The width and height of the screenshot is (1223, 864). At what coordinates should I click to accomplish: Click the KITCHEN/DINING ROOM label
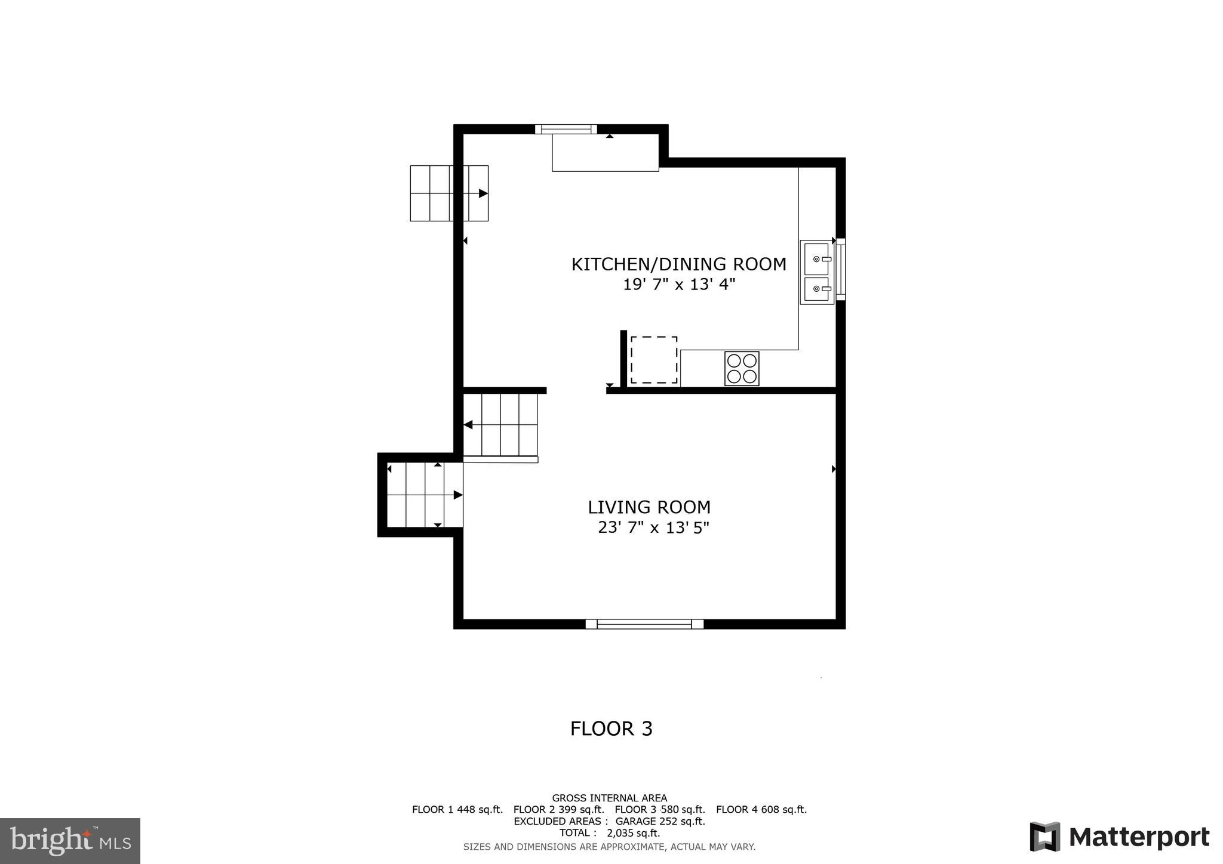pos(678,264)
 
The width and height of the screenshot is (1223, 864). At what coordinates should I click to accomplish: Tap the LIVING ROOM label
pos(649,507)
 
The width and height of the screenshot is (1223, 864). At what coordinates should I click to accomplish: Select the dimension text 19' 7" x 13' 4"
pos(678,285)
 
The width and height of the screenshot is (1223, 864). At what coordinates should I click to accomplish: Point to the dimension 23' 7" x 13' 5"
pos(653,527)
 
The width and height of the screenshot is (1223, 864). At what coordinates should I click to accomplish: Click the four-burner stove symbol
pos(742,368)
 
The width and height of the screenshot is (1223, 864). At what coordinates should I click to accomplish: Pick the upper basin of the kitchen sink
pos(816,259)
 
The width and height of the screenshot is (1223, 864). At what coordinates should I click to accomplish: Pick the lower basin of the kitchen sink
pos(816,289)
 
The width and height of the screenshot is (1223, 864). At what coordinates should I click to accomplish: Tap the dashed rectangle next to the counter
pos(654,360)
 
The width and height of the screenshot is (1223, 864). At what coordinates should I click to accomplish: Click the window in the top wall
pos(566,129)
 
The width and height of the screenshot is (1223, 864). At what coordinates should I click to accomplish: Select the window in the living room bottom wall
pos(644,624)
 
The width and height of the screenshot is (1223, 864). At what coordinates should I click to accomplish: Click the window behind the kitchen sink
pos(840,269)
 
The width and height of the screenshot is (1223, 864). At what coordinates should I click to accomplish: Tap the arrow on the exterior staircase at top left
pos(483,193)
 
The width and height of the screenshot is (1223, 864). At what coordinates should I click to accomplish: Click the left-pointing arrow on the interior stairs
pos(468,425)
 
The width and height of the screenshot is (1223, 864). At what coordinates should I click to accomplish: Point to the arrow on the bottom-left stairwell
pos(457,495)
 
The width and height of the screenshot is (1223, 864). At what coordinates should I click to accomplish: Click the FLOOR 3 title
pos(611,729)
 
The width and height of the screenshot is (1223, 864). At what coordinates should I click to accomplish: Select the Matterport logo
pos(1120,837)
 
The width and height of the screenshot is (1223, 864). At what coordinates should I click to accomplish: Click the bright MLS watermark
pos(70,841)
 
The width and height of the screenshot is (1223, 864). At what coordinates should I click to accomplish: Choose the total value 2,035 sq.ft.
pos(633,833)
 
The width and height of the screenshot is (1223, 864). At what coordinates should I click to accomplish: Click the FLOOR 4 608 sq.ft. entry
pos(761,810)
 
